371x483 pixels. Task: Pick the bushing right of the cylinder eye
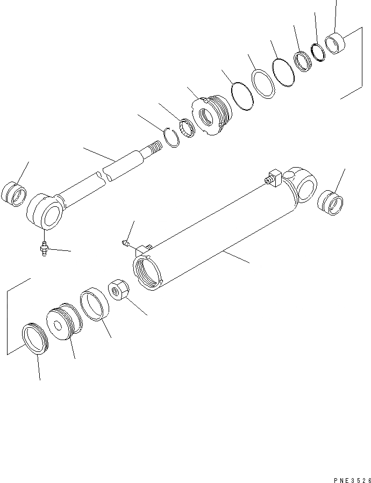[330, 203]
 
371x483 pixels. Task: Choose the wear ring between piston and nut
[95, 306]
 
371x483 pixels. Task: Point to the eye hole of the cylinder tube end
[305, 189]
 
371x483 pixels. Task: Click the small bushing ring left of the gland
[187, 127]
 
